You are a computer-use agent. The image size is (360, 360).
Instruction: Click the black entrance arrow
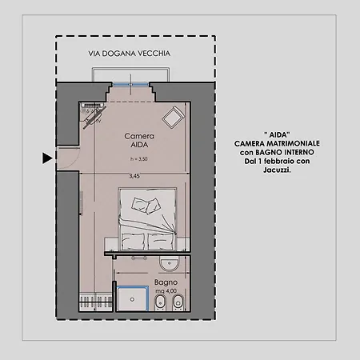47,158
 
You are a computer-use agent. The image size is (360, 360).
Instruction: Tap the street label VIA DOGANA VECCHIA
130,54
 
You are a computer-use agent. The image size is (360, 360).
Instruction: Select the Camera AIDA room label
139,140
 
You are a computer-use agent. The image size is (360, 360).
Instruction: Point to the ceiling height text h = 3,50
138,159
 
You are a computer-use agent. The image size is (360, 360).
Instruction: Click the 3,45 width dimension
134,176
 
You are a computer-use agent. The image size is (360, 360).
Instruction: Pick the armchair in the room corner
173,118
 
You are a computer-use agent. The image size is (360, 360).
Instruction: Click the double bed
148,219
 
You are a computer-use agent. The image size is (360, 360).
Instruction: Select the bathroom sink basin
169,263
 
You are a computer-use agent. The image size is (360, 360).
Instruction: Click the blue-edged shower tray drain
132,299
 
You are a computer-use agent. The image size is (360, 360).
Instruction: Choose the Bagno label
166,282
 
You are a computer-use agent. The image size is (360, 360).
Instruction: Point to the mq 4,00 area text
166,291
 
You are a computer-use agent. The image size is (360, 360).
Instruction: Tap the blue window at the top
130,85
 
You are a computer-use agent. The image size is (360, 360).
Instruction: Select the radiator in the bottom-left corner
96,302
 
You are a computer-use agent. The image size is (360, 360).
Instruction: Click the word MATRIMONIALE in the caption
293,143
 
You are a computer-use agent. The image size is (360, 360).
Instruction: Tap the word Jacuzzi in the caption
277,170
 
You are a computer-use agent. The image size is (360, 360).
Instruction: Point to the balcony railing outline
130,69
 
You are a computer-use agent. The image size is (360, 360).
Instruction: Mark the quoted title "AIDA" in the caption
277,134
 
